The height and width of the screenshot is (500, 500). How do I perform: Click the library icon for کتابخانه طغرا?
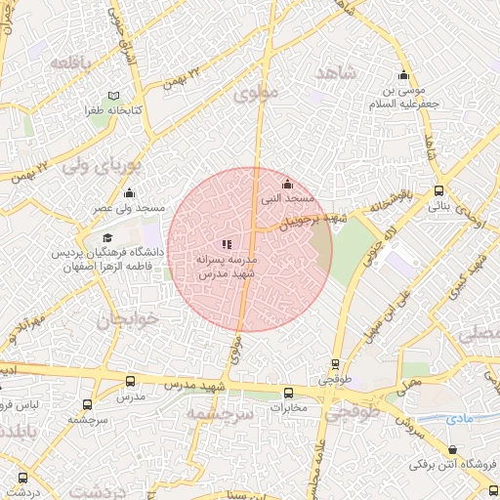(115, 96)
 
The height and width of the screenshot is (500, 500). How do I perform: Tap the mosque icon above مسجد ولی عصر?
(129, 193)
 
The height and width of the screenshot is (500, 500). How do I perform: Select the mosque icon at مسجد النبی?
(286, 184)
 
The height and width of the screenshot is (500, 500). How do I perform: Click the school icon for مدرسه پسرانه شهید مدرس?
(227, 244)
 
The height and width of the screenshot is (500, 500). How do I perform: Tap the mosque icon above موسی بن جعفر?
(403, 77)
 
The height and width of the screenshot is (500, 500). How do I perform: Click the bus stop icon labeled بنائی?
(439, 191)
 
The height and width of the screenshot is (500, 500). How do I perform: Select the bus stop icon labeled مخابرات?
(286, 392)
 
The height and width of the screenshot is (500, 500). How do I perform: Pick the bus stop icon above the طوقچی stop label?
(336, 363)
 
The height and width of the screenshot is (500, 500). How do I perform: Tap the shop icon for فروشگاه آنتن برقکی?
(452, 450)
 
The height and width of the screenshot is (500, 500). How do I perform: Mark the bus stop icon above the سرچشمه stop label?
(88, 403)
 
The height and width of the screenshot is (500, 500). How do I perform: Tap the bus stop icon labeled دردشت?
(23, 479)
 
